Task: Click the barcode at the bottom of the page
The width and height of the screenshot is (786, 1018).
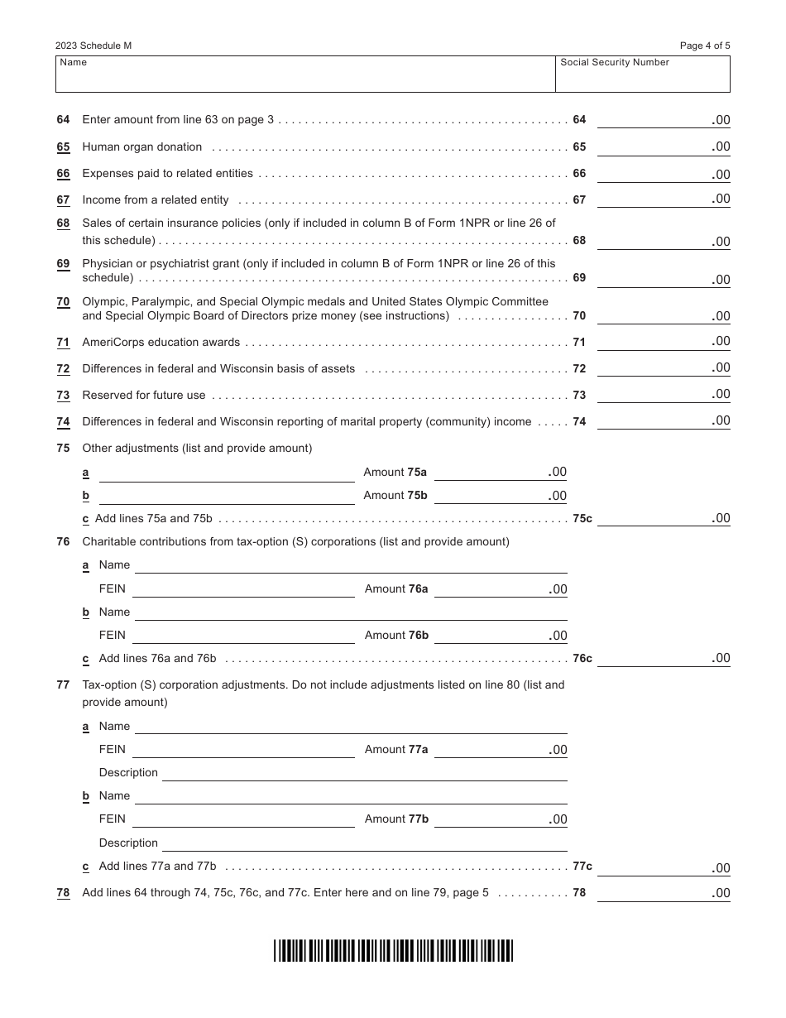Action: [394, 951]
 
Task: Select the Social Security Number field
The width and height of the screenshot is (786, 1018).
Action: [642, 74]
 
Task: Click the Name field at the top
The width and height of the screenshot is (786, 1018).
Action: [304, 74]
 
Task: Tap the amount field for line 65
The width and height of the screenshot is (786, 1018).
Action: [663, 146]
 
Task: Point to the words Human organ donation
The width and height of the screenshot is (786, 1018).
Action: [142, 147]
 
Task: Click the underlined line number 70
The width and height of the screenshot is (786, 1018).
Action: [63, 302]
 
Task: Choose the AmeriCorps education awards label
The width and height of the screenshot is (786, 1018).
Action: [161, 343]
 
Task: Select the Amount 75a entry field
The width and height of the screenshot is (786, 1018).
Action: [500, 473]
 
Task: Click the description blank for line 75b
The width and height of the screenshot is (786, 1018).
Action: [226, 496]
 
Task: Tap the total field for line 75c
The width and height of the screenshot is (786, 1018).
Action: [663, 518]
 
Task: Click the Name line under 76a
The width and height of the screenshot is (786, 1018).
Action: [351, 565]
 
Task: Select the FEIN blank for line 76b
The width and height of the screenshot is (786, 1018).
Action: [243, 636]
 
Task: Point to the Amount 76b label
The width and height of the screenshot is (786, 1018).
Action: [396, 636]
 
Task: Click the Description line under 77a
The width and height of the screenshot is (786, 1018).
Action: [364, 773]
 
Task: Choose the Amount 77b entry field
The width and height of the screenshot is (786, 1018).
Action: [500, 819]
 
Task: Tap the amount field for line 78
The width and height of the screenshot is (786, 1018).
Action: [663, 893]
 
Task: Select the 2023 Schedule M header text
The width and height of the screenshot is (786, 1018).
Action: [93, 46]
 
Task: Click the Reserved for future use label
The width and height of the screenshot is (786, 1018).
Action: [144, 396]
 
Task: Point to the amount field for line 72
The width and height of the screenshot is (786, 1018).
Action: [663, 368]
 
